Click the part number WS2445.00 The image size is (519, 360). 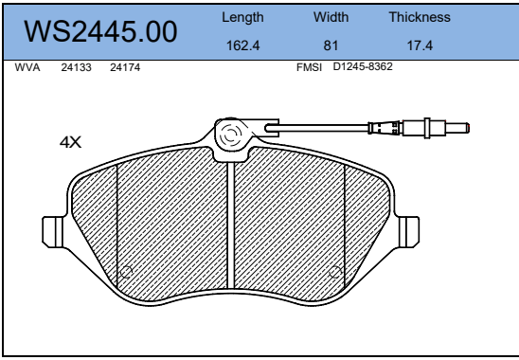pos(100,31)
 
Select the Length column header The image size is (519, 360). pos(242,18)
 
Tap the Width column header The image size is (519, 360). pos(331,17)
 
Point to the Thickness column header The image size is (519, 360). pos(420,17)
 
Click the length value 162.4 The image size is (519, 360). pos(242,45)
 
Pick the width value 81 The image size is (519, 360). pos(331,45)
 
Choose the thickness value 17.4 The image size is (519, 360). pos(420,45)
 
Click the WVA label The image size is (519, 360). pos(27,67)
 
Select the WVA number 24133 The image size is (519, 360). pos(76,67)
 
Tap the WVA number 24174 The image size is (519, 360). pos(125,67)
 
